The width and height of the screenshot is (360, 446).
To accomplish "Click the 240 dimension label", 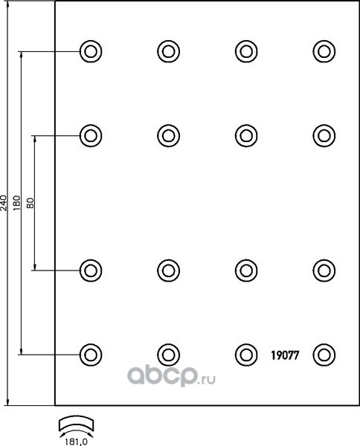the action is click(3, 203).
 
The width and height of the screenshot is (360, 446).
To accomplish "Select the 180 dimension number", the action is click(17, 203).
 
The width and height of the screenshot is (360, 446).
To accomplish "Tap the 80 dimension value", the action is click(30, 203).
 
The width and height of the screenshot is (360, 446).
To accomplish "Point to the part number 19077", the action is click(285, 355).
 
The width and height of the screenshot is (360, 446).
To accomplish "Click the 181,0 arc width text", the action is click(76, 442).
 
